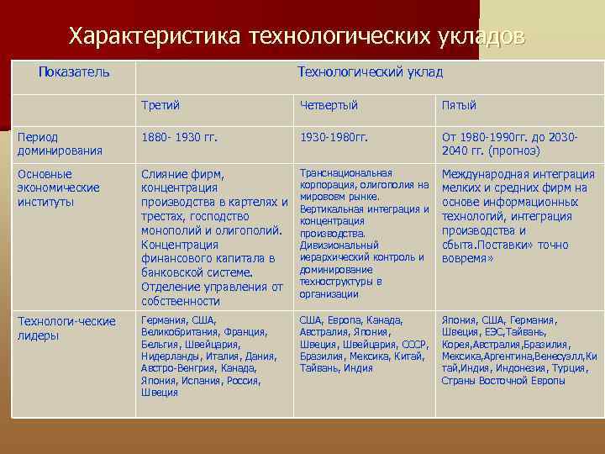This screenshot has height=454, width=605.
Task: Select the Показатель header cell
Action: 74,72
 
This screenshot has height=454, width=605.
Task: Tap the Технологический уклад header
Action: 370,72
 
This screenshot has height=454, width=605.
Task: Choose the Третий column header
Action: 160,105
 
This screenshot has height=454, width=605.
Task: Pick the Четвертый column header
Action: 329,105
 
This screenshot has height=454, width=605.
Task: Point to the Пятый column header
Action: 459,105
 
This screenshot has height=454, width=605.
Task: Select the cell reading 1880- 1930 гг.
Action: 180,136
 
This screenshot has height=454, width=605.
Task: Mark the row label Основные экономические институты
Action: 59,187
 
